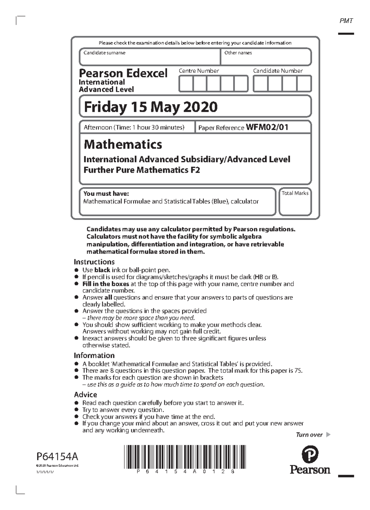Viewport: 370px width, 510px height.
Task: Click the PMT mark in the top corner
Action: [x=346, y=21]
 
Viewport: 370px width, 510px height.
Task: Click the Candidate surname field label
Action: [x=104, y=53]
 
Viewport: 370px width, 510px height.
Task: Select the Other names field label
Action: [x=238, y=53]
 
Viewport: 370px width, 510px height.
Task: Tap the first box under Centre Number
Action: [x=186, y=84]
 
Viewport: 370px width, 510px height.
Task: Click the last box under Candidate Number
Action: [x=304, y=84]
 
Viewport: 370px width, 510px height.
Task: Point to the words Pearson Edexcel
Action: [x=123, y=73]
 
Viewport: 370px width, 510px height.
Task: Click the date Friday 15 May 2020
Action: [x=151, y=107]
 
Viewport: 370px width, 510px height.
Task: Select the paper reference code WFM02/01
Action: [x=267, y=127]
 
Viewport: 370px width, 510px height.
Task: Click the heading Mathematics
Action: [x=123, y=144]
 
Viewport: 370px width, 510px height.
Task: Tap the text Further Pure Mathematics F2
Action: [x=142, y=170]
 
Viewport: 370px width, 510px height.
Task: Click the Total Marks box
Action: [x=295, y=202]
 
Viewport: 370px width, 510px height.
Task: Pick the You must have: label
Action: [x=106, y=194]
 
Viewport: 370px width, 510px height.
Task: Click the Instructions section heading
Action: [x=94, y=262]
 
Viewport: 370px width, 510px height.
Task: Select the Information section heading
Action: [x=94, y=355]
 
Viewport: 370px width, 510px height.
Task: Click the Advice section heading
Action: [x=85, y=395]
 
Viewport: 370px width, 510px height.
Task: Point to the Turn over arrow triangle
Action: [x=328, y=435]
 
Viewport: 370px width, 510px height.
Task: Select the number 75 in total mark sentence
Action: [x=298, y=371]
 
